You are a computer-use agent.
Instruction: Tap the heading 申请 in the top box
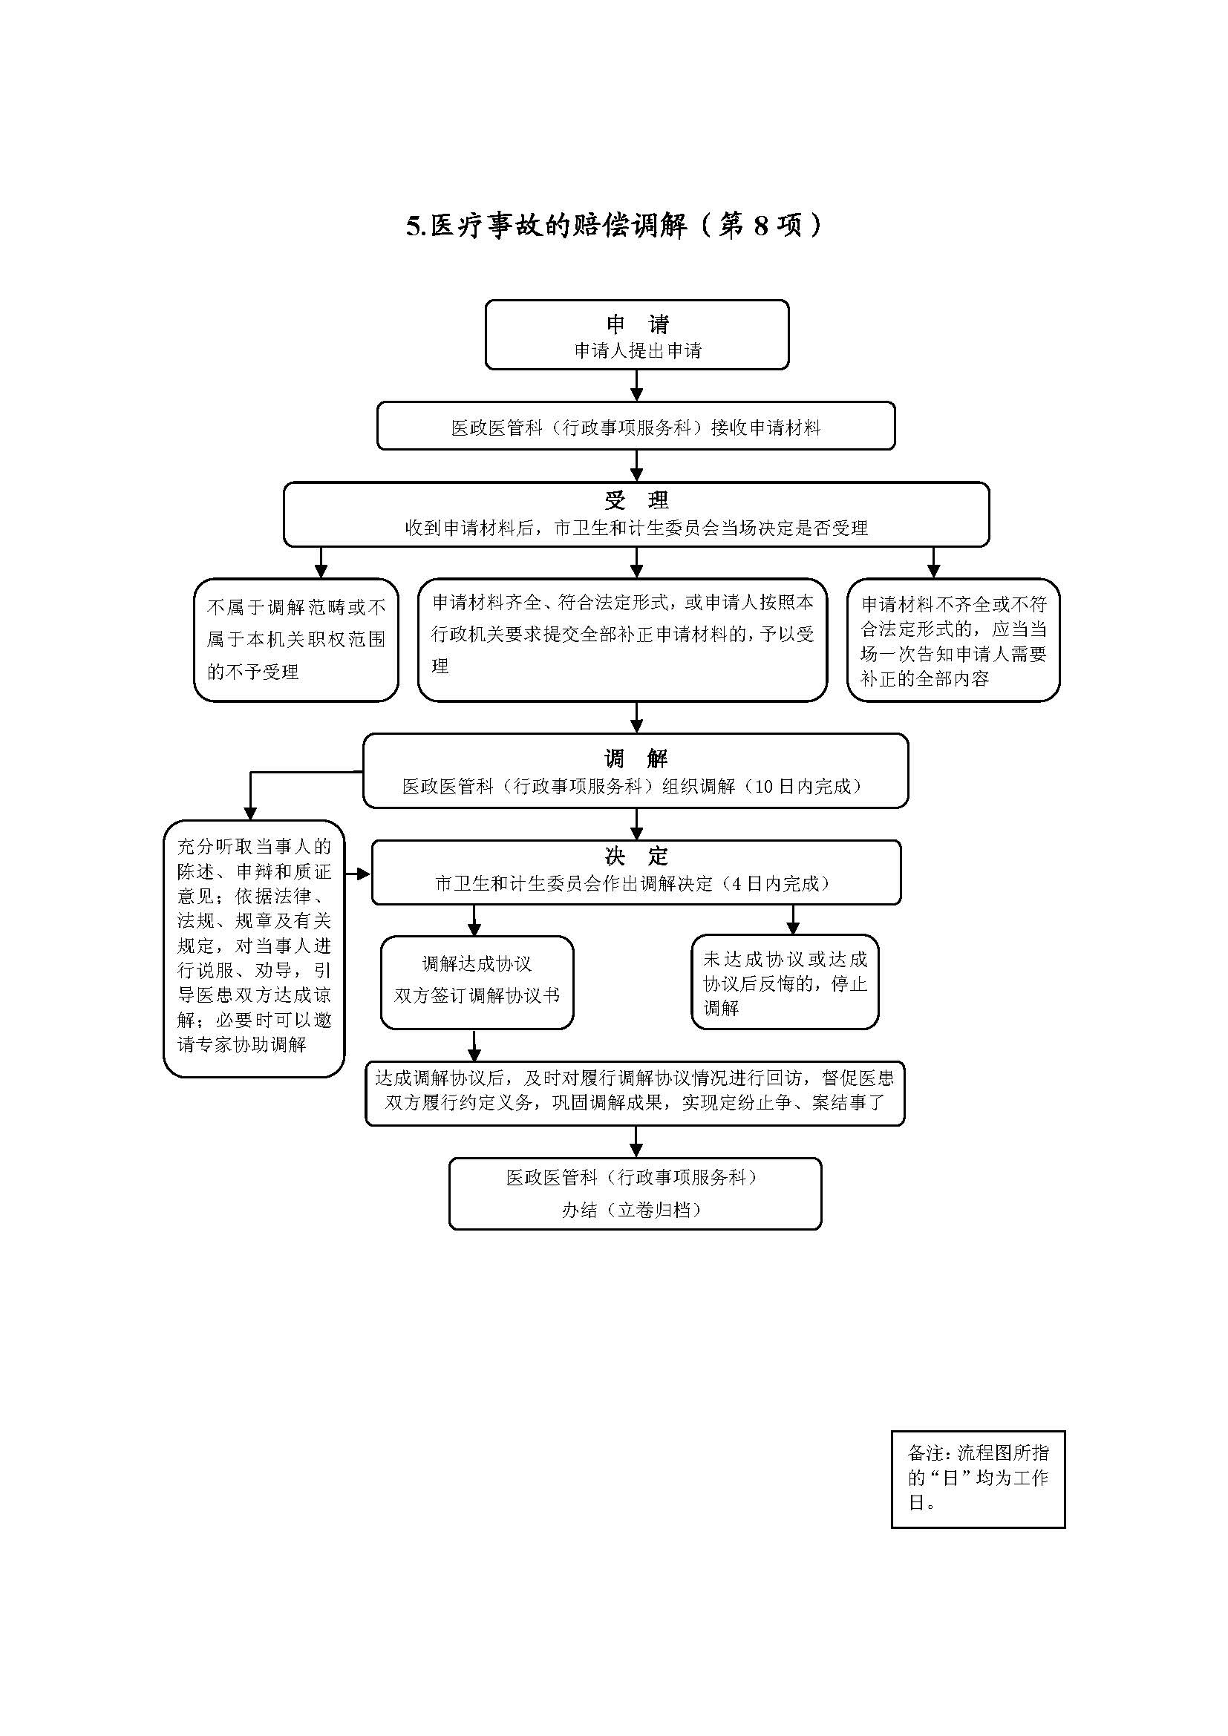click(x=638, y=324)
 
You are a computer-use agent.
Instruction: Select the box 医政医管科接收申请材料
click(x=636, y=428)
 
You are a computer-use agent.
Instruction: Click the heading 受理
click(x=637, y=499)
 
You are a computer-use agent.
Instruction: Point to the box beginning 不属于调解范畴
click(x=295, y=640)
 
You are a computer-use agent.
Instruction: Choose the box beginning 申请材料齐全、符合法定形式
click(x=621, y=640)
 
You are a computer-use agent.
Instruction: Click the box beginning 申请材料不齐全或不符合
click(x=953, y=641)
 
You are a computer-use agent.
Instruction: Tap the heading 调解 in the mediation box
click(x=636, y=759)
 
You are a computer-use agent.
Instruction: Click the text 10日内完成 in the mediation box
click(x=803, y=786)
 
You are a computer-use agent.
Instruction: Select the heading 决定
click(x=637, y=856)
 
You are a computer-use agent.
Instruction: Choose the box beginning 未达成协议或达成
click(x=785, y=982)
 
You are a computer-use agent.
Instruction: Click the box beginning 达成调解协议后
click(x=634, y=1091)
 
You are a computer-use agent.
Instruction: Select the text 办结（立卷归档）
click(x=631, y=1210)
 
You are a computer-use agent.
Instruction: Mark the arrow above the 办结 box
click(x=637, y=1141)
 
